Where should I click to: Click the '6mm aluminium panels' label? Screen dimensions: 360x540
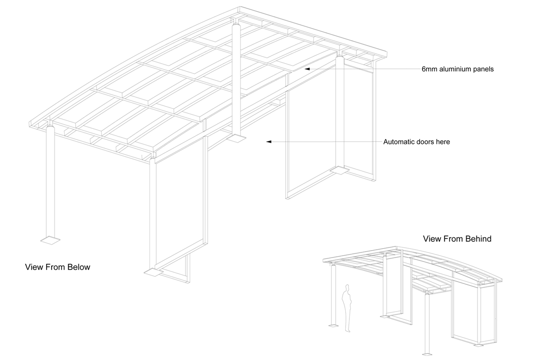[x=457, y=69]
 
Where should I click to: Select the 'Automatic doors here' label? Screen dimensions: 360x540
[x=416, y=142]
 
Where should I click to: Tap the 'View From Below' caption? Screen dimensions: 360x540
[x=58, y=267]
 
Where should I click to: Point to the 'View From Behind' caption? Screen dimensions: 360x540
[x=457, y=239]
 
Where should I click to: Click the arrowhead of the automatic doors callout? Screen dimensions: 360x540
[x=268, y=142]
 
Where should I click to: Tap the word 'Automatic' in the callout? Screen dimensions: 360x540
[x=398, y=142]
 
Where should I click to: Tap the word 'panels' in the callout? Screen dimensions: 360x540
[x=483, y=69]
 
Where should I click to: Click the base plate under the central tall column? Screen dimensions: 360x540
[x=237, y=138]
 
